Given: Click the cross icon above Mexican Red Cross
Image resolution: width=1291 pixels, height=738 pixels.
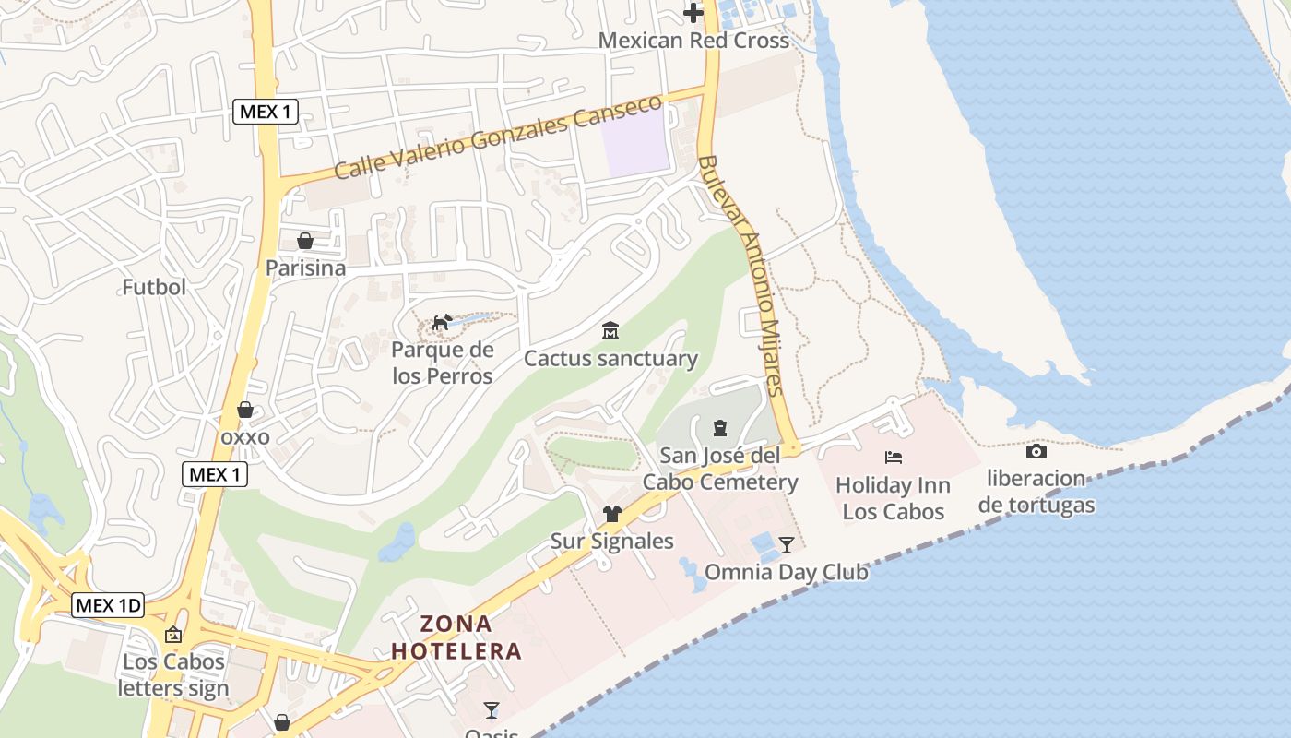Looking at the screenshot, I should [x=693, y=13].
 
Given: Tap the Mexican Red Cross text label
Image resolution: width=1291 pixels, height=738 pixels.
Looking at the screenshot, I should [x=693, y=41].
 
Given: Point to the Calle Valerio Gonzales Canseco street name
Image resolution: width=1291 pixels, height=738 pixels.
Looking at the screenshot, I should [x=498, y=137].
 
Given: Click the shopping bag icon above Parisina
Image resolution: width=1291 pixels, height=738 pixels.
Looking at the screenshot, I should [x=305, y=242].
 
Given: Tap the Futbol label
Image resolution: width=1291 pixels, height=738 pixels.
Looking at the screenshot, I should [x=154, y=287].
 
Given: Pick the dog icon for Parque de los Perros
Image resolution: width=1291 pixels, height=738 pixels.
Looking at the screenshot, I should [x=443, y=323].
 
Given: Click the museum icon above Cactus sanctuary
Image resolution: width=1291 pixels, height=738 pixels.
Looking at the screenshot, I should [x=610, y=331].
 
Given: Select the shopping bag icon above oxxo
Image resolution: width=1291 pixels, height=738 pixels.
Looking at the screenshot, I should [x=245, y=410].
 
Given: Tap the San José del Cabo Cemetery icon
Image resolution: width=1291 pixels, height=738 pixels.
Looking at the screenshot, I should [x=719, y=428].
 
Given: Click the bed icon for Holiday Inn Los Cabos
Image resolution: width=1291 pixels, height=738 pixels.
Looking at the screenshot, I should [x=893, y=457].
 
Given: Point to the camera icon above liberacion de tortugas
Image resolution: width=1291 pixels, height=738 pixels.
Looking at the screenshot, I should [x=1036, y=451].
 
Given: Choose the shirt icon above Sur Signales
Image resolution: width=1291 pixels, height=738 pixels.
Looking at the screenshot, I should [x=612, y=514].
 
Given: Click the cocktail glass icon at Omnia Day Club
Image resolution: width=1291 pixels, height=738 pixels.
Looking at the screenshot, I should [x=786, y=544].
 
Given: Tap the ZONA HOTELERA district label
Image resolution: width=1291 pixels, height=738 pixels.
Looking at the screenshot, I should [x=456, y=637].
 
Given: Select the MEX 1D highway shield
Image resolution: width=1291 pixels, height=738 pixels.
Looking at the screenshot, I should [x=109, y=605].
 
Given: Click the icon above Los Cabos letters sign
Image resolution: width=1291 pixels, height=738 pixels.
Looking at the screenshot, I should [x=173, y=635].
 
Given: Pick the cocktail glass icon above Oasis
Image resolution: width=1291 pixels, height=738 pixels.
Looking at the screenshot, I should [x=492, y=709].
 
